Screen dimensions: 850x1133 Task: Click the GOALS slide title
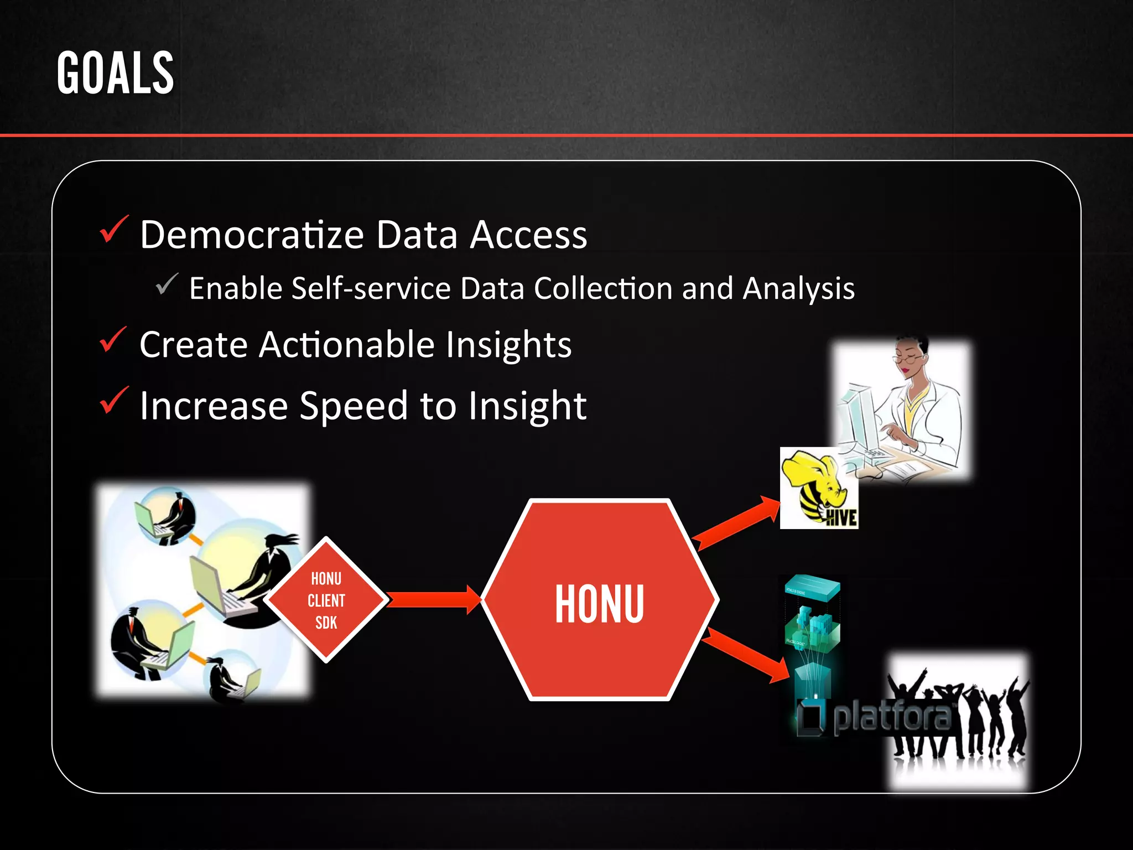(115, 73)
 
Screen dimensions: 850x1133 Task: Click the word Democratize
(252, 235)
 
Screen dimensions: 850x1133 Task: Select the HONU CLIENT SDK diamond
(326, 600)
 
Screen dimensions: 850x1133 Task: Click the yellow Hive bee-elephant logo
(818, 488)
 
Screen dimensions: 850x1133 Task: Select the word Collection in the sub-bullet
(603, 288)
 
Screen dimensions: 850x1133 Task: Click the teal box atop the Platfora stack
(812, 588)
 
